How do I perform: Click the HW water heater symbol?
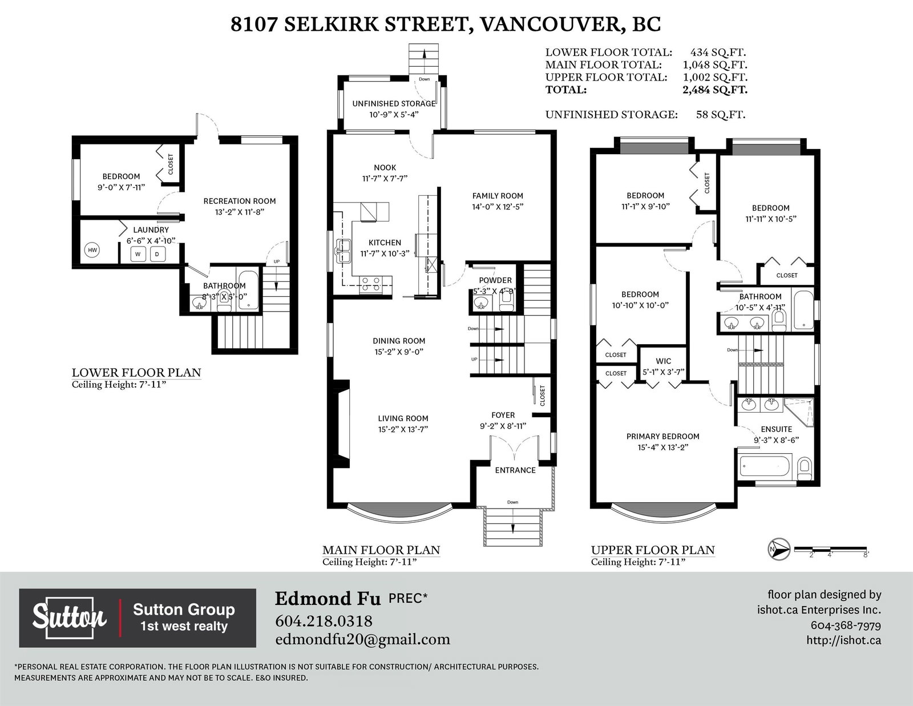pyautogui.click(x=92, y=250)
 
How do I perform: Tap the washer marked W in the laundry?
pyautogui.click(x=138, y=254)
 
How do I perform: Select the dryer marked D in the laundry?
pyautogui.click(x=157, y=254)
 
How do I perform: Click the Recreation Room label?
pyautogui.click(x=240, y=201)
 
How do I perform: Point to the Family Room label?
pyautogui.click(x=498, y=196)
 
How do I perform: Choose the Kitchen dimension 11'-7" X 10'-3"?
pyautogui.click(x=385, y=253)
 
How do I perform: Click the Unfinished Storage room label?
pyautogui.click(x=394, y=103)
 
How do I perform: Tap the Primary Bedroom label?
pyautogui.click(x=662, y=436)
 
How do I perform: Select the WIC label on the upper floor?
pyautogui.click(x=664, y=361)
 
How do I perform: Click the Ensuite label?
pyautogui.click(x=777, y=429)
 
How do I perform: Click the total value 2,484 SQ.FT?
pyautogui.click(x=714, y=90)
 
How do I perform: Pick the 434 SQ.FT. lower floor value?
pyautogui.click(x=718, y=53)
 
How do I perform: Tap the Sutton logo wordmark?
pyautogui.click(x=69, y=617)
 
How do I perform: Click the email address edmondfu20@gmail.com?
pyautogui.click(x=362, y=640)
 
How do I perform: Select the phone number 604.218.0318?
pyautogui.click(x=324, y=621)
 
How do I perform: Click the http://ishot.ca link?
pyautogui.click(x=844, y=640)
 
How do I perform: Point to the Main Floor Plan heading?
pyautogui.click(x=381, y=550)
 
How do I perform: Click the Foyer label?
pyautogui.click(x=503, y=415)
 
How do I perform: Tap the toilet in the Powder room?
pyautogui.click(x=507, y=301)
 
